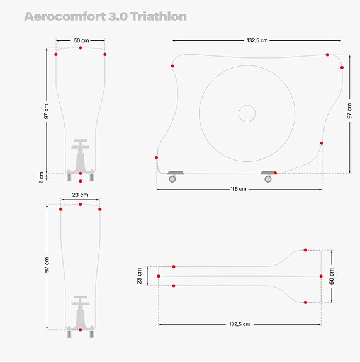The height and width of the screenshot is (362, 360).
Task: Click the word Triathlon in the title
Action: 159,17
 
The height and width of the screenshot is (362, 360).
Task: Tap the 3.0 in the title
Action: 116,17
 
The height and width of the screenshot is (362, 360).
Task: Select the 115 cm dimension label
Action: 239,189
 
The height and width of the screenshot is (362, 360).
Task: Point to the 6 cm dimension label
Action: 41,177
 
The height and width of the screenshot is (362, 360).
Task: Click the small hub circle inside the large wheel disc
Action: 247,113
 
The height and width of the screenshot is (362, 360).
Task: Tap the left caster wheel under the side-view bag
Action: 172,179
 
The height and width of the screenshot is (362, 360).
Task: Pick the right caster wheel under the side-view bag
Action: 268,179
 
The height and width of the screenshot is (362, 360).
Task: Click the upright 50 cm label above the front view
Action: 81,40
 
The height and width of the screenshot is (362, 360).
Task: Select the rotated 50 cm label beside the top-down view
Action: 332,276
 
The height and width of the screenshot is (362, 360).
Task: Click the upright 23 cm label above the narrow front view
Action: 80,195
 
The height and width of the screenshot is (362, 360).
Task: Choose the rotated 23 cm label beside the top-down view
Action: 140,276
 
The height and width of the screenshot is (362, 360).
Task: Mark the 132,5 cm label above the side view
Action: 257,40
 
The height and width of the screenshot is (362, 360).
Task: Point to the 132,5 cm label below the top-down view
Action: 239,324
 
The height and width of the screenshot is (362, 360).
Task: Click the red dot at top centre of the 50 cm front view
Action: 81,48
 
